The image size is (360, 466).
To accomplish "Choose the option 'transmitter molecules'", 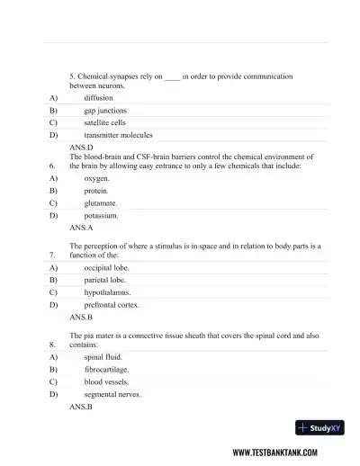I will pyautogui.click(x=118, y=135).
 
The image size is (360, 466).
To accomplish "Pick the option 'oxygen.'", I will pyautogui.click(x=97, y=179).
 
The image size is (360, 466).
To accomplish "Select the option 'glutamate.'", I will pyautogui.click(x=100, y=203).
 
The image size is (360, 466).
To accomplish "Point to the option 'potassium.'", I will pyautogui.click(x=101, y=216).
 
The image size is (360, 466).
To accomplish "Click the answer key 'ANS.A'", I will pyautogui.click(x=81, y=229).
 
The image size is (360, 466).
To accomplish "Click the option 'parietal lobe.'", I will pyautogui.click(x=105, y=281).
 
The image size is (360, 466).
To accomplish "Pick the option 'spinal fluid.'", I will pyautogui.click(x=103, y=357).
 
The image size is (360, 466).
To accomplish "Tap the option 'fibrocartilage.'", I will pyautogui.click(x=106, y=370).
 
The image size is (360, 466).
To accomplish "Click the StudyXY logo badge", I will pyautogui.click(x=320, y=428).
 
